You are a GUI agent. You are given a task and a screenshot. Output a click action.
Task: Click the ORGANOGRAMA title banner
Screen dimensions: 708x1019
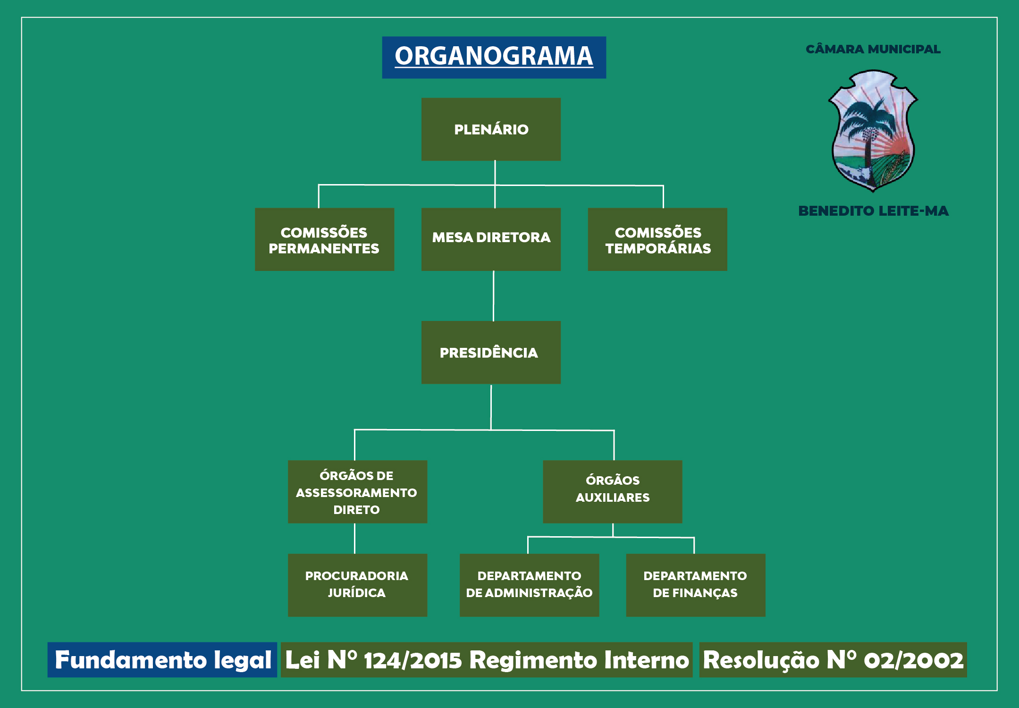tap(494, 57)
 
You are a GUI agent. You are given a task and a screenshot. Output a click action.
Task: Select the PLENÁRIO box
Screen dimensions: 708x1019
tap(491, 129)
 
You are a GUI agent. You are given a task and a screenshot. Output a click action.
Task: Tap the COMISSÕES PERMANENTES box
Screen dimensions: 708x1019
tap(324, 239)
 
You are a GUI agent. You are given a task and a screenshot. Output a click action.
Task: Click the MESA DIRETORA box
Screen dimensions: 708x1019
tap(491, 239)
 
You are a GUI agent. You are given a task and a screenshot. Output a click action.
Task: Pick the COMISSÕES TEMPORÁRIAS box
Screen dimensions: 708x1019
tap(657, 239)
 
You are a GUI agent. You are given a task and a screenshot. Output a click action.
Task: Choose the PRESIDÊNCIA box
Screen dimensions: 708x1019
tap(491, 353)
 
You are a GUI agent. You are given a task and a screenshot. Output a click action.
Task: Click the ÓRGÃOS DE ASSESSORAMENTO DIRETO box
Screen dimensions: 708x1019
tap(357, 492)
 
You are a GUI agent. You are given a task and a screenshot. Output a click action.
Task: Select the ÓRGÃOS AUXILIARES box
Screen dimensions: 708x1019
tap(612, 492)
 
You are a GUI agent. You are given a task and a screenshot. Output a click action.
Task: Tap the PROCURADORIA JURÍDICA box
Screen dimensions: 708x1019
tap(357, 585)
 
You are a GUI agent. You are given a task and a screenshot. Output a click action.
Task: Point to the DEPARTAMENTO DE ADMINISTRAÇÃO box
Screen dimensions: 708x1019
tap(529, 585)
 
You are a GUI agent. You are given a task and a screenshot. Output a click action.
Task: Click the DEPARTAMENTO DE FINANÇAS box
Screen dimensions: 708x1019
tap(695, 585)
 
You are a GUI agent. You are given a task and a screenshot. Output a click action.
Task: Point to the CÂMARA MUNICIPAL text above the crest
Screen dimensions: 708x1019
tap(873, 49)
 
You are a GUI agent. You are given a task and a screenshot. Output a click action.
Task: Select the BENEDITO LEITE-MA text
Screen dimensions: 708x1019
tap(873, 211)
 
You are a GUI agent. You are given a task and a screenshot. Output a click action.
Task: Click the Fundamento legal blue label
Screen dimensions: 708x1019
tap(162, 660)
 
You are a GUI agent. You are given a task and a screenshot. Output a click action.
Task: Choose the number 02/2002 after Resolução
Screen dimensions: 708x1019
tap(913, 660)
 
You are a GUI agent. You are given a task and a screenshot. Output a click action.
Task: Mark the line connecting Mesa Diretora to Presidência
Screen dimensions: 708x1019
tap(493, 296)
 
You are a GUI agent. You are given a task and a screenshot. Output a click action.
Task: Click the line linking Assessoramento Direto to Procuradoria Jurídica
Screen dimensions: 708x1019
tap(354, 539)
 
